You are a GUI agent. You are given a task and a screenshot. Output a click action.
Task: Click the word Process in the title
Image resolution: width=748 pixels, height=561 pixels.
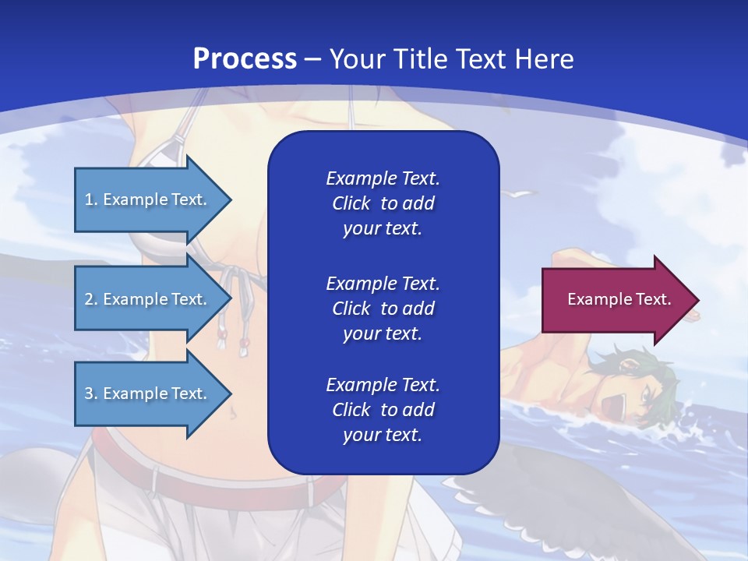(245, 58)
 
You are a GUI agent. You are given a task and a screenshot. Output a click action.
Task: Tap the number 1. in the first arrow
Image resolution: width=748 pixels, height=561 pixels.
(91, 199)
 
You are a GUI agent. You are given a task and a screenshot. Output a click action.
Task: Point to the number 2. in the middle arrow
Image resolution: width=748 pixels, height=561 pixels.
(91, 299)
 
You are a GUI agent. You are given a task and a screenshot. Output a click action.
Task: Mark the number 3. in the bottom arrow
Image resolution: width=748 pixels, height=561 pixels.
(91, 393)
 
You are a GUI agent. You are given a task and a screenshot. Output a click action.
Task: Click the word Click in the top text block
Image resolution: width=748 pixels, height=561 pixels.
(351, 203)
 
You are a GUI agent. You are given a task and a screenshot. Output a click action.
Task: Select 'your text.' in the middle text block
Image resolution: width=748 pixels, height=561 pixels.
(382, 333)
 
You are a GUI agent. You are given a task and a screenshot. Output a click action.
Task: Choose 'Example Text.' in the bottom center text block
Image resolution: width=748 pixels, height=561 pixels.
(383, 384)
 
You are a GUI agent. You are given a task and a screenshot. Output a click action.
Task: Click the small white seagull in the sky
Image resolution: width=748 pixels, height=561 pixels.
(520, 193)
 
